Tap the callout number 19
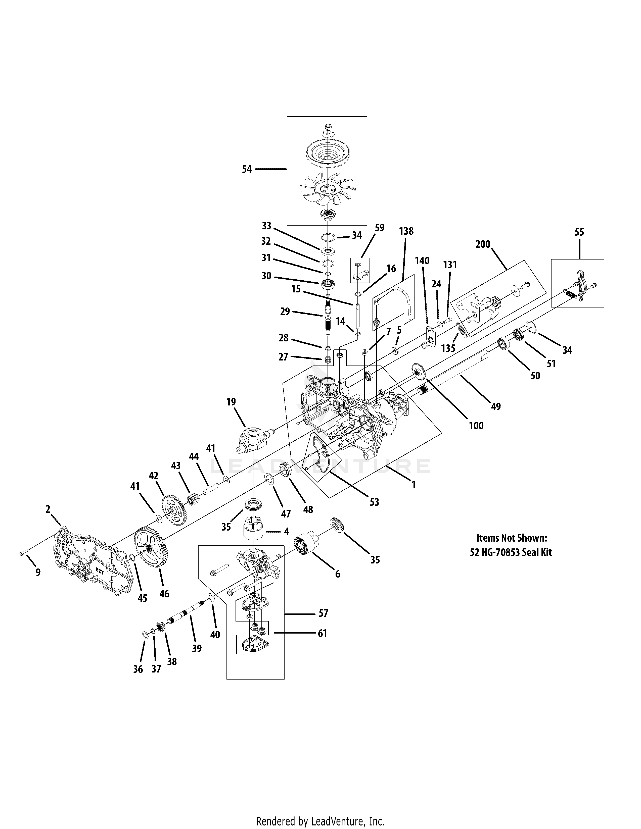231,402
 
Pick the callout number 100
476,426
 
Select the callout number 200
483,244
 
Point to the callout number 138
406,231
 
